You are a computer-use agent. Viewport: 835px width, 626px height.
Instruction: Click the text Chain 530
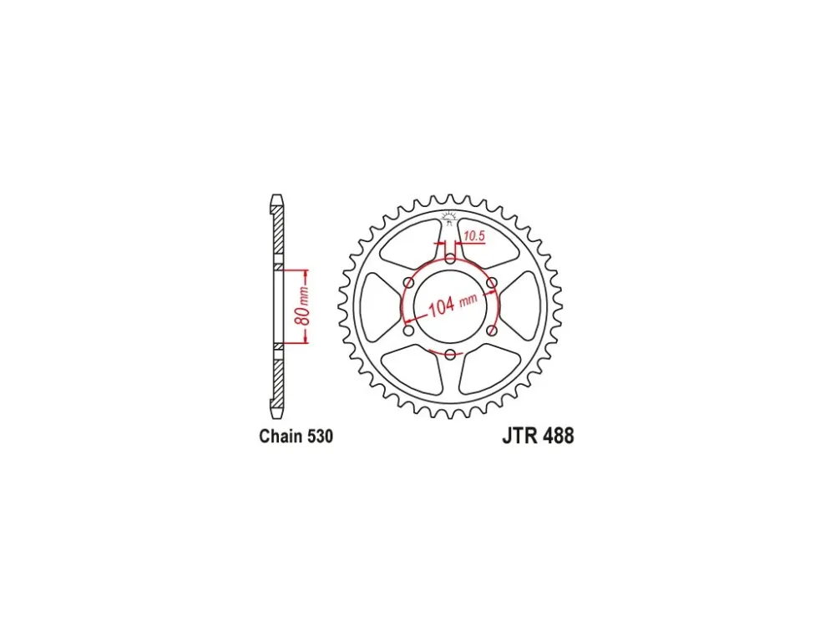296,436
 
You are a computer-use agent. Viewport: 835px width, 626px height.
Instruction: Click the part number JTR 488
538,436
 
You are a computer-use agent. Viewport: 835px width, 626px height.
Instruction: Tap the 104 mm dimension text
453,305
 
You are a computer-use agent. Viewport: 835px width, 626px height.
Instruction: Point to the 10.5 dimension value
474,235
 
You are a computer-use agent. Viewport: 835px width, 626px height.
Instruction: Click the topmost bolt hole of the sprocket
451,260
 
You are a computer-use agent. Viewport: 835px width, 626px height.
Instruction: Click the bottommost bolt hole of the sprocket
451,355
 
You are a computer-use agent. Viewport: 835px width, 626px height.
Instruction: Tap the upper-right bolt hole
492,283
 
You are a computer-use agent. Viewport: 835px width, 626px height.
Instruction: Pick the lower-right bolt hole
492,331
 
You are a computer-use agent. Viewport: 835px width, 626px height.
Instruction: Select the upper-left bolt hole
409,283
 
